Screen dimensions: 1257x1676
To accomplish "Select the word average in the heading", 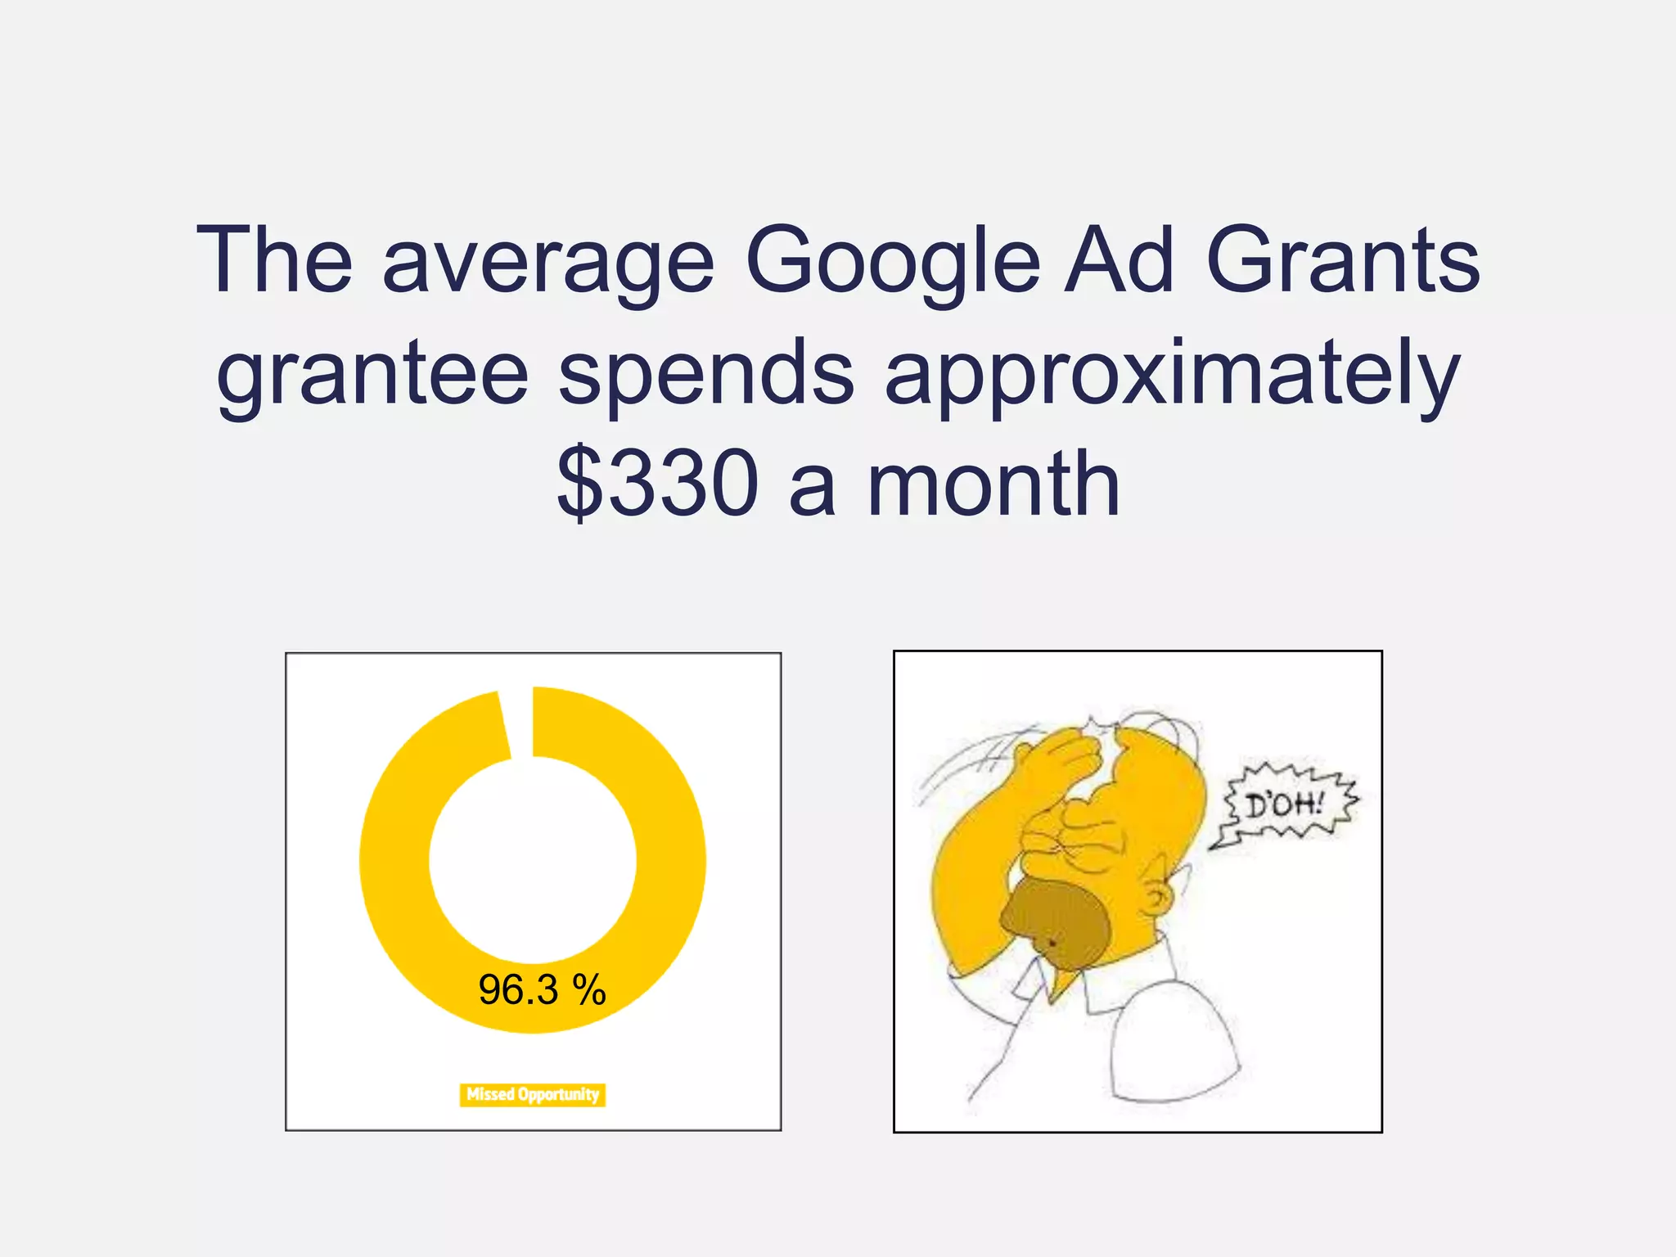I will [548, 262].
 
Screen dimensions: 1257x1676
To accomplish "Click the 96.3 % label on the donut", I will [542, 990].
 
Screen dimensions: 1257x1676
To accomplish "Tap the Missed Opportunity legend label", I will [533, 1094].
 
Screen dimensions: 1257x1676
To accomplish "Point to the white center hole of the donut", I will [533, 859].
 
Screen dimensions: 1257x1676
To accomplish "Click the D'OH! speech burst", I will [1283, 805].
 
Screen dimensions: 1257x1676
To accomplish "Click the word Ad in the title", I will [1120, 262].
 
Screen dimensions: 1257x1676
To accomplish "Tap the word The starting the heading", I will [274, 262].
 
